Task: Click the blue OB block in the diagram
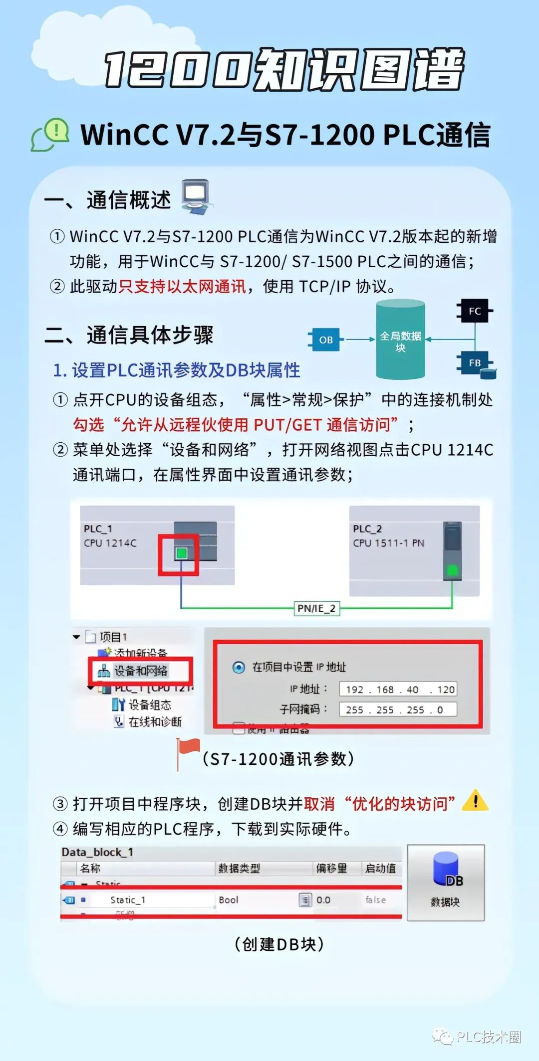click(x=326, y=340)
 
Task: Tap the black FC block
click(x=475, y=311)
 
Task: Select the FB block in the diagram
click(x=475, y=363)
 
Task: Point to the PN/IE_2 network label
click(x=316, y=608)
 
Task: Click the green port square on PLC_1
click(x=181, y=553)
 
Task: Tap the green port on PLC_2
click(x=452, y=570)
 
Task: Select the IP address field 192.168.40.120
click(x=398, y=690)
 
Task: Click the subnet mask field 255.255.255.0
click(x=398, y=709)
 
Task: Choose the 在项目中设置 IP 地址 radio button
click(x=239, y=667)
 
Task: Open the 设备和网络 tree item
click(x=140, y=671)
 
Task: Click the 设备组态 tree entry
click(x=149, y=705)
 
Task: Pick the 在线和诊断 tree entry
click(x=155, y=721)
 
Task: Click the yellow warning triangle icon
click(x=475, y=801)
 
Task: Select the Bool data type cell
click(x=229, y=900)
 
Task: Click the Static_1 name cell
click(x=128, y=900)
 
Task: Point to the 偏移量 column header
click(x=331, y=868)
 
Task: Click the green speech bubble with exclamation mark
click(x=54, y=133)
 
